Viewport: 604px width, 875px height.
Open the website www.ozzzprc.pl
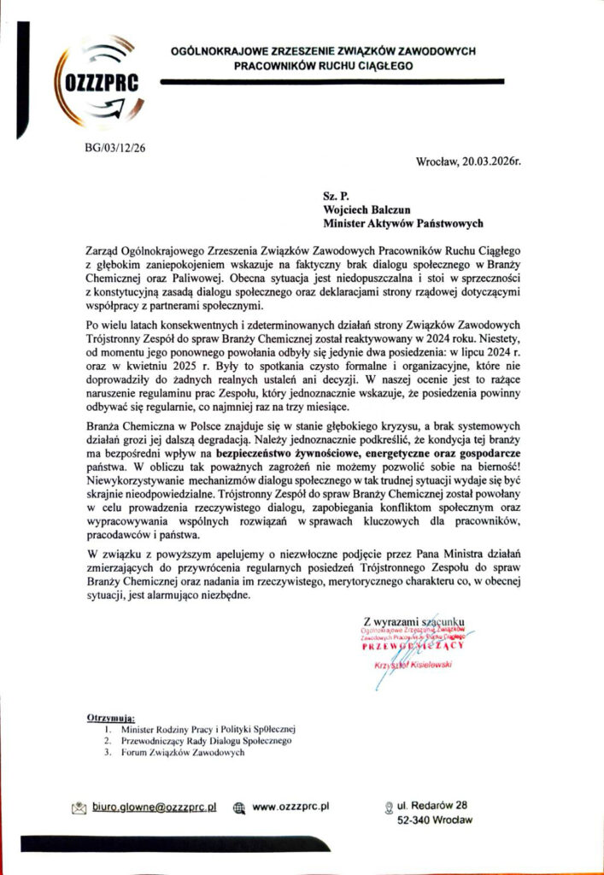[291, 807]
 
